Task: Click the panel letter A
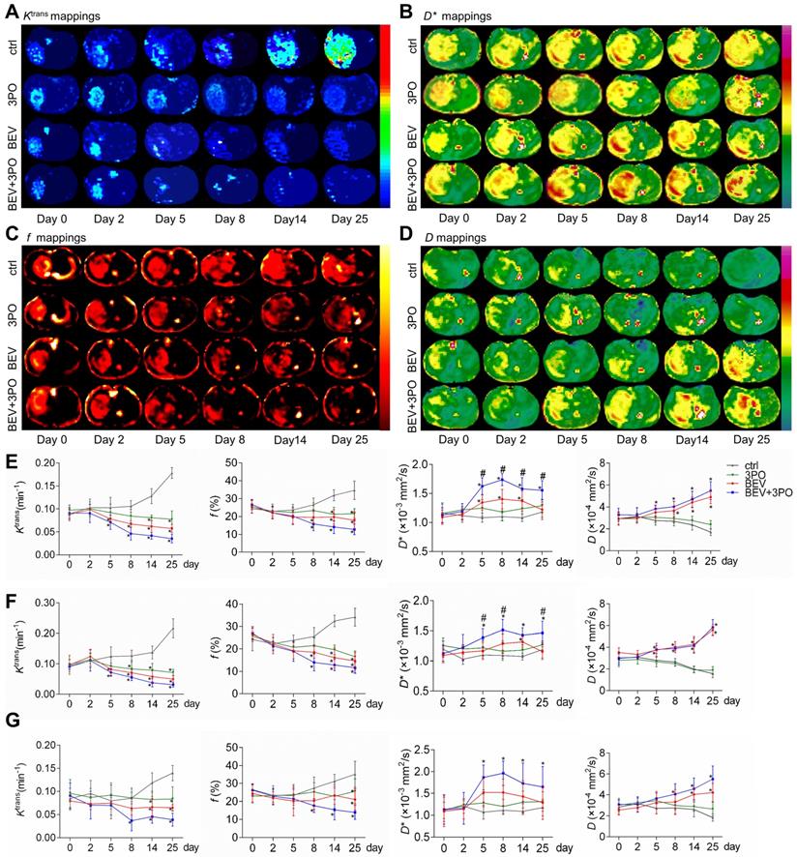click(x=10, y=9)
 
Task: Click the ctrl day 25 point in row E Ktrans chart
click(x=170, y=473)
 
